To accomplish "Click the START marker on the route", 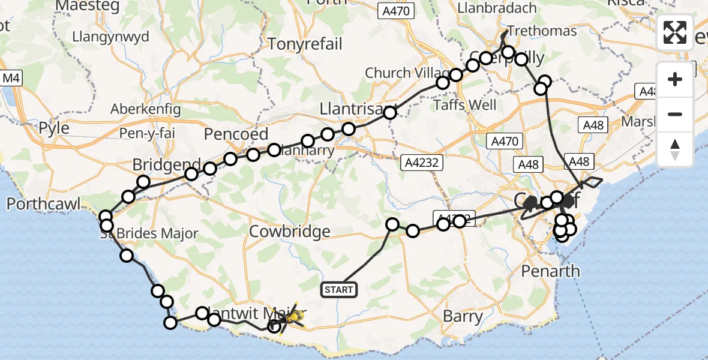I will [340, 290].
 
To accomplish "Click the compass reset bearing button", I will [675, 149].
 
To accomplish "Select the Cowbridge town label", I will [290, 232].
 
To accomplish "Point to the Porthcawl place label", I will [43, 205].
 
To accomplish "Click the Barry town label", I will [463, 316].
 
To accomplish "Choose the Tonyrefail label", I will [305, 44].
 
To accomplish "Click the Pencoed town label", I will [236, 133].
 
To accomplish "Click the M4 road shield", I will [11, 78].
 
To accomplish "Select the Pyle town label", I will [54, 128].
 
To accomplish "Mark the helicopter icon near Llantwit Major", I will [293, 316].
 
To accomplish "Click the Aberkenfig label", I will [143, 109].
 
